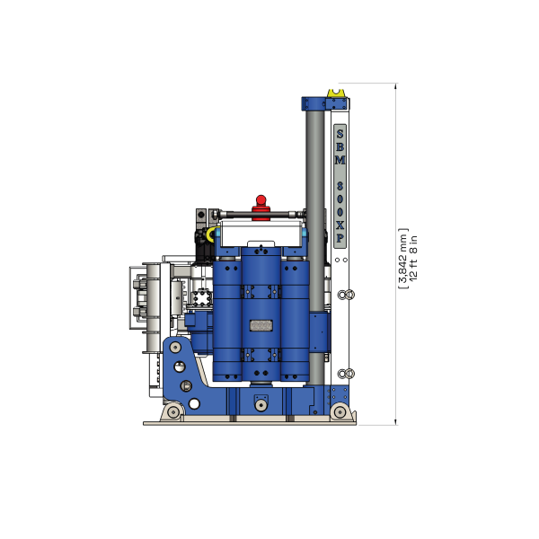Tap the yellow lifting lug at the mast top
tap(336, 92)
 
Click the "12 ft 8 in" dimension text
tap(413, 257)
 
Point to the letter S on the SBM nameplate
tap(340, 133)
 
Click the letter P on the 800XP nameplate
tap(340, 240)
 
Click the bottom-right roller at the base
tap(340, 411)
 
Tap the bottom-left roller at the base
tap(170, 411)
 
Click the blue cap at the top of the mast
tap(315, 102)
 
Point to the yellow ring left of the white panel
tap(208, 234)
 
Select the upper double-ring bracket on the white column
tap(347, 294)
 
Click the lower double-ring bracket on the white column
tap(347, 373)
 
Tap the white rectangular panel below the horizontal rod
tap(261, 234)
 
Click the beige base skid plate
tap(252, 422)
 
